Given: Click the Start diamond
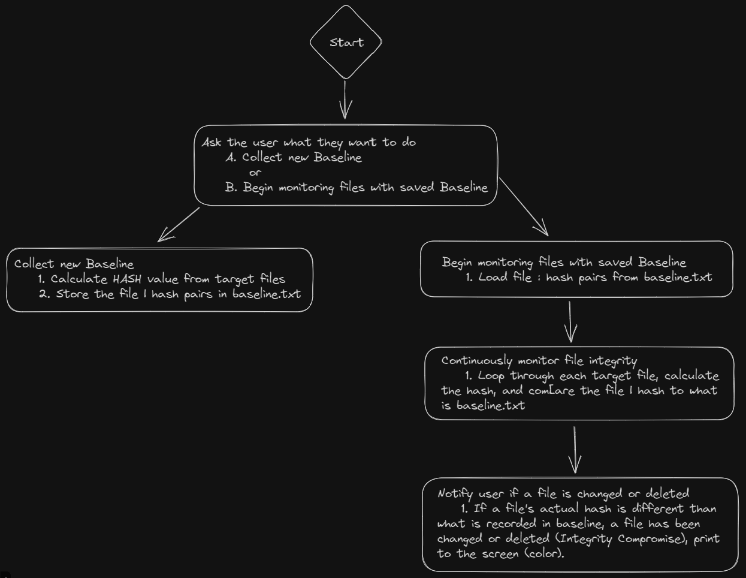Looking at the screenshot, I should coord(346,42).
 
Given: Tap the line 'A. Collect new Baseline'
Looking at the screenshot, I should coord(294,158).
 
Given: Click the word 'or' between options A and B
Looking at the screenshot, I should coord(255,173).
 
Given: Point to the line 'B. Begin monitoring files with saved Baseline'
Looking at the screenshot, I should coord(357,188).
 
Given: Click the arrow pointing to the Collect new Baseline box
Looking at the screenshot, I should coord(178,224).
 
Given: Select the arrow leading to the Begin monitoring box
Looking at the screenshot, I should coord(524,207).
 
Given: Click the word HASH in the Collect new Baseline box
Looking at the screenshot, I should coord(127,279).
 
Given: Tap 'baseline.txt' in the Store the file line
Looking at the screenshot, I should coord(267,294).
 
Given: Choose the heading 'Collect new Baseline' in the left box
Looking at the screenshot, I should coord(74,264).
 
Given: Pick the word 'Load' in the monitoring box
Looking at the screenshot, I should coord(493,277).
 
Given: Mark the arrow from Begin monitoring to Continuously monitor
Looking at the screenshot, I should coord(570,321).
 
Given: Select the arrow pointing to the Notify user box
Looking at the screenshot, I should coord(575,450).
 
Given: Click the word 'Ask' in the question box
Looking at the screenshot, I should coord(212,143).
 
